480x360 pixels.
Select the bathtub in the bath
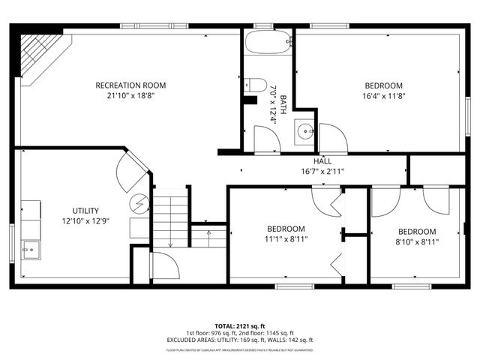pyautogui.click(x=267, y=42)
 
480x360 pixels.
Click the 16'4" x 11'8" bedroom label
pyautogui.click(x=383, y=85)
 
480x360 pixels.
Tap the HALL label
pyautogui.click(x=322, y=161)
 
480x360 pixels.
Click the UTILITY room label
pyautogui.click(x=85, y=211)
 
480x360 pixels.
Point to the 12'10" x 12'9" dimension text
pyautogui.click(x=85, y=221)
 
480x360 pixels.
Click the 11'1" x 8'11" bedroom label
pyautogui.click(x=286, y=229)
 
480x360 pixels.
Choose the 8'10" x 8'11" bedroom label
pyautogui.click(x=416, y=232)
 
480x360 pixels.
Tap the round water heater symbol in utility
pyautogui.click(x=139, y=202)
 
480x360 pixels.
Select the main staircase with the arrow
pyautogui.click(x=170, y=218)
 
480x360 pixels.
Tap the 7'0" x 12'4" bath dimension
pyautogui.click(x=278, y=103)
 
